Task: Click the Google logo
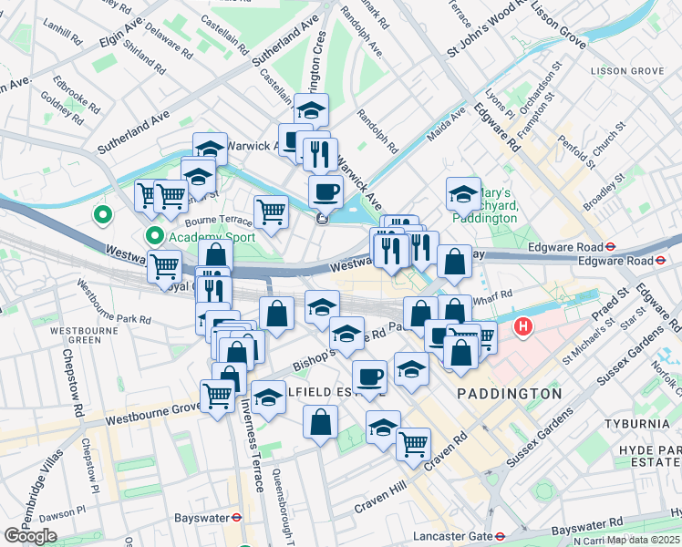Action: tap(30, 536)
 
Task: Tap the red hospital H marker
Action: tap(523, 326)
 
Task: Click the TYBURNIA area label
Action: tap(637, 425)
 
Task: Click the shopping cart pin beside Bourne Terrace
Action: tap(271, 212)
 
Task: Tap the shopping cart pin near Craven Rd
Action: tap(413, 444)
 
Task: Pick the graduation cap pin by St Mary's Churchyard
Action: tap(463, 193)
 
